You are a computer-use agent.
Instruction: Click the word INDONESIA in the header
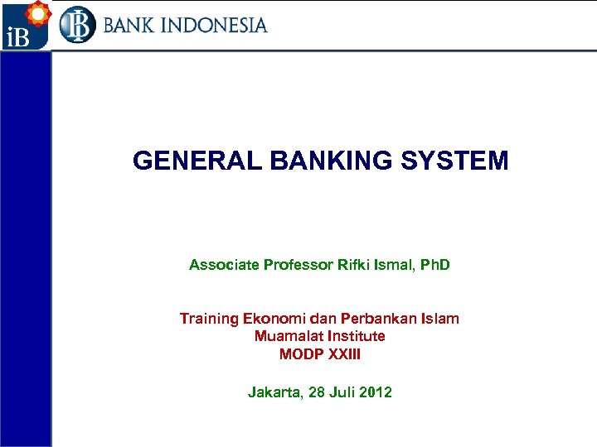(x=214, y=25)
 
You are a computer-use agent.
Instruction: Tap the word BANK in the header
(x=129, y=25)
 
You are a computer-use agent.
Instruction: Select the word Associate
(x=224, y=265)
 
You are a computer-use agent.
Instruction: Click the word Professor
(x=298, y=265)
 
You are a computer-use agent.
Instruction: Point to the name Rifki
(x=353, y=265)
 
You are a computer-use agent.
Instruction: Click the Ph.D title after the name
(x=434, y=265)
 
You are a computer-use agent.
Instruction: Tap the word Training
(x=209, y=319)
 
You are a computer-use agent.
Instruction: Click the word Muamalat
(x=287, y=336)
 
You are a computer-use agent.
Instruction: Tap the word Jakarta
(x=274, y=392)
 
